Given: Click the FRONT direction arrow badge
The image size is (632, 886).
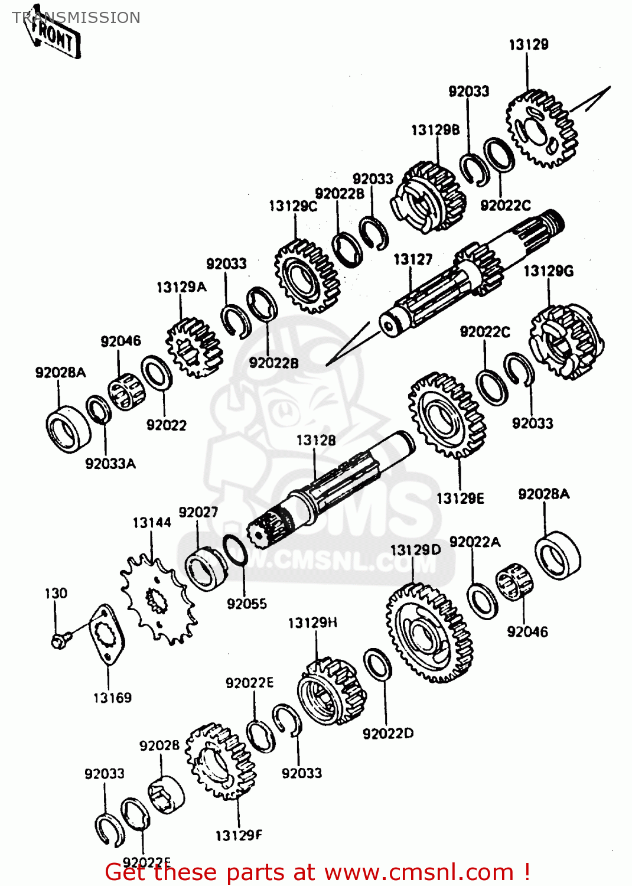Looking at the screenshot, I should point(55,37).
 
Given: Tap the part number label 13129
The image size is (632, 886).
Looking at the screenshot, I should point(529,45).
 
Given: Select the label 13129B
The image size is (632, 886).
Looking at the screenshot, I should point(435,131).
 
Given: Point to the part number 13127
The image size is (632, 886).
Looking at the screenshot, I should point(413,259).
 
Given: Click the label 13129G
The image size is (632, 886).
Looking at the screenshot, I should point(548,271).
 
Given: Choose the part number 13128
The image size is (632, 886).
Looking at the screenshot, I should point(316,441).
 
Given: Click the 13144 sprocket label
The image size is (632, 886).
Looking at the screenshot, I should point(152,523).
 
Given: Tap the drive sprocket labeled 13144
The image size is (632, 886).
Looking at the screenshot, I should point(157,600).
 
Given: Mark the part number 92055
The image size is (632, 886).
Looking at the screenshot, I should point(247,604).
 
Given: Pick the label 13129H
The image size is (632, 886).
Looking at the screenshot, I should point(312,623).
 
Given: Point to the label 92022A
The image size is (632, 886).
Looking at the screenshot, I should point(474,542).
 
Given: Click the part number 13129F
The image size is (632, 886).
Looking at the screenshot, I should point(239,835).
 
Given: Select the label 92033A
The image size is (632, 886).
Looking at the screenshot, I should point(110,464).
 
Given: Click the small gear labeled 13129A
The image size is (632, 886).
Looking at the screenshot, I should point(194,348).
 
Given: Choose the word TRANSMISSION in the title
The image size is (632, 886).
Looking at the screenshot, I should point(76,18).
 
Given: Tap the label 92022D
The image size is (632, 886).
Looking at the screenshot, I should point(388,734).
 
